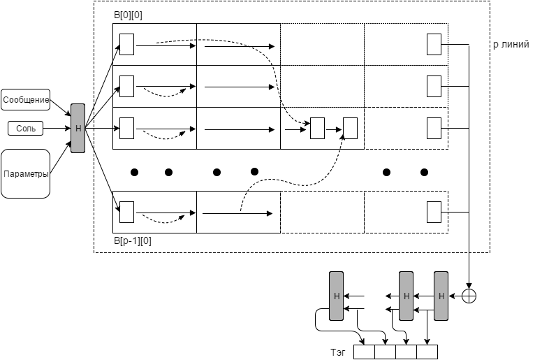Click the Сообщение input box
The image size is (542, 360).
(x=26, y=100)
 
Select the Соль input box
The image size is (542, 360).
(x=26, y=129)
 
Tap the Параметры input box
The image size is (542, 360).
(x=26, y=173)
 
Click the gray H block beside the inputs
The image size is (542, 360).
(x=78, y=128)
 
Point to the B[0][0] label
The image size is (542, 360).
(x=128, y=15)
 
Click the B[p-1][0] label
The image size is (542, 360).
(x=132, y=240)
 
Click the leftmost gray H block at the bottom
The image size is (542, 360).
(x=337, y=296)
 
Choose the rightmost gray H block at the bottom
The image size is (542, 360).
(x=441, y=296)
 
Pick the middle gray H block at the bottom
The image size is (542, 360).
(x=406, y=296)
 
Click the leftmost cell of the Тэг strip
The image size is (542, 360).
(x=364, y=351)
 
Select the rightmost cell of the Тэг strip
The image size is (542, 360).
(x=427, y=351)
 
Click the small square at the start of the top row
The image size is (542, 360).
(x=126, y=44)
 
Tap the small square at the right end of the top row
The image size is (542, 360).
(x=434, y=44)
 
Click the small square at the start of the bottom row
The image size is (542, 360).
(x=126, y=211)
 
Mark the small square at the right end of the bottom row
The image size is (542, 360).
(x=434, y=211)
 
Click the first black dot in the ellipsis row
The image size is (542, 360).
(x=135, y=172)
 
